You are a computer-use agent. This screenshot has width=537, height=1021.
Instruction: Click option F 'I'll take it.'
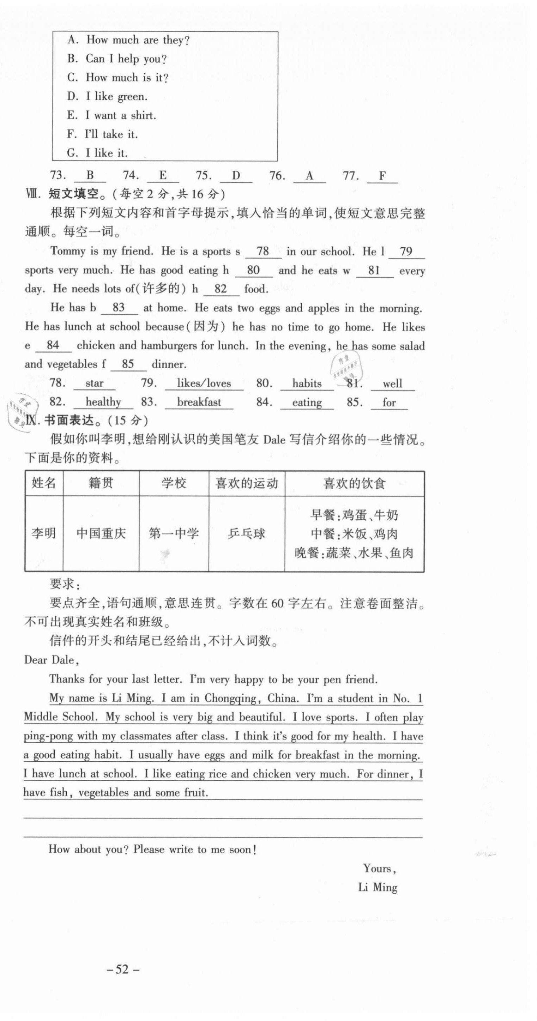point(102,134)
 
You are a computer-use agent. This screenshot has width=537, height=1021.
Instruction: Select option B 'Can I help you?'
point(116,59)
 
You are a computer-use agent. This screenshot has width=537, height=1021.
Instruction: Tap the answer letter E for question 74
point(163,175)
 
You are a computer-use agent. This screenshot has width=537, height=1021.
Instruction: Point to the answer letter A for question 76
point(309,175)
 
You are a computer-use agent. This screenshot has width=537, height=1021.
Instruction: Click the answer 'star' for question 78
point(94,383)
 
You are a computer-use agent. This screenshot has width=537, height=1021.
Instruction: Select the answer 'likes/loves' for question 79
point(204,383)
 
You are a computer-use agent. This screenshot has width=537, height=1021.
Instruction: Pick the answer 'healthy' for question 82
point(103,402)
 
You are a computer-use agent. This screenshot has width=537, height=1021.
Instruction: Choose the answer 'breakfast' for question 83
point(199,402)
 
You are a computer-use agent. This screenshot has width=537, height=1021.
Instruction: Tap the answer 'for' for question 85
point(389,403)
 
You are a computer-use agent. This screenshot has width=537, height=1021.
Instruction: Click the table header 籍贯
point(101,483)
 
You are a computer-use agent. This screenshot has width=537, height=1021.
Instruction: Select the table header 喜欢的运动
point(247,483)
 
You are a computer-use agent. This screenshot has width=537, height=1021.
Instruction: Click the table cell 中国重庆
point(101,533)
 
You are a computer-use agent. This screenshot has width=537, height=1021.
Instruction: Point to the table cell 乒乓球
point(247,533)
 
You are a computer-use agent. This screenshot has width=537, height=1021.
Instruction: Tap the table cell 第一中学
point(174,533)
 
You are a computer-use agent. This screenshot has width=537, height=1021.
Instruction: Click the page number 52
point(123,969)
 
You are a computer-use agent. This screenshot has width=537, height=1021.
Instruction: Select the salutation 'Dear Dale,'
point(52,660)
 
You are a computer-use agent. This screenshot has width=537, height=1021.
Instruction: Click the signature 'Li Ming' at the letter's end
point(377,887)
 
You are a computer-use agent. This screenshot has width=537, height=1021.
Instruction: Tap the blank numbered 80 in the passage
point(253,270)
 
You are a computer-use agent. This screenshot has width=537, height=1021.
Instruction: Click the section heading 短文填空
point(74,194)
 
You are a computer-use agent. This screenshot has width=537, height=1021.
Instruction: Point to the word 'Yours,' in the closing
point(379,868)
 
